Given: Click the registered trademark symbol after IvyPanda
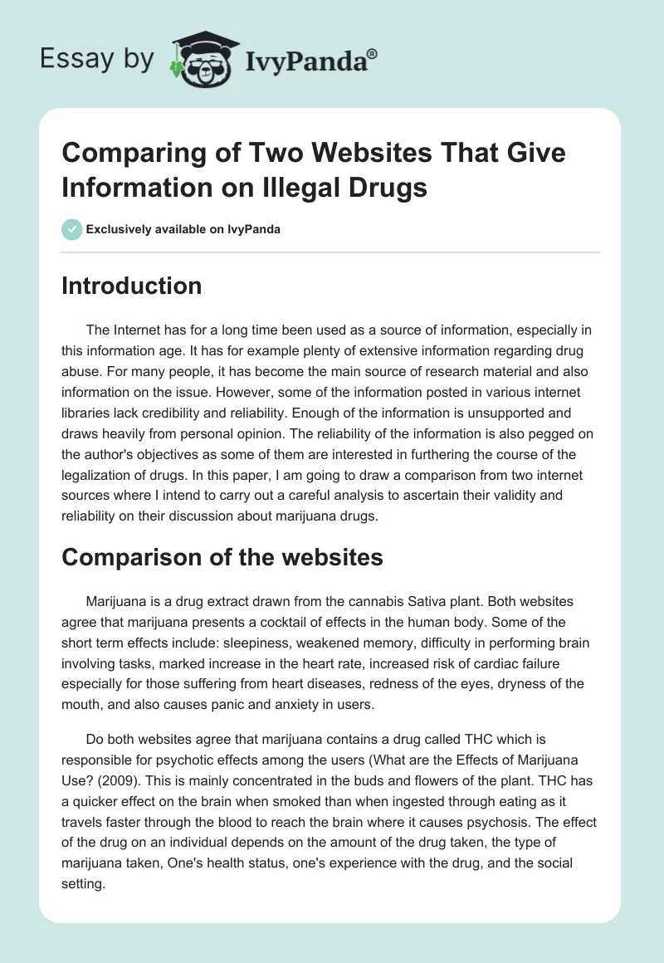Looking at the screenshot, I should point(373,54).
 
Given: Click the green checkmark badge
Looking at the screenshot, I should point(72,229).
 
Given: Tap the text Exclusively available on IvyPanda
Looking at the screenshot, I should point(182,229).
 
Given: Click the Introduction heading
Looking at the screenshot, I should point(132,286).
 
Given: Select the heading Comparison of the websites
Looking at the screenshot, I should point(222,558).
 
